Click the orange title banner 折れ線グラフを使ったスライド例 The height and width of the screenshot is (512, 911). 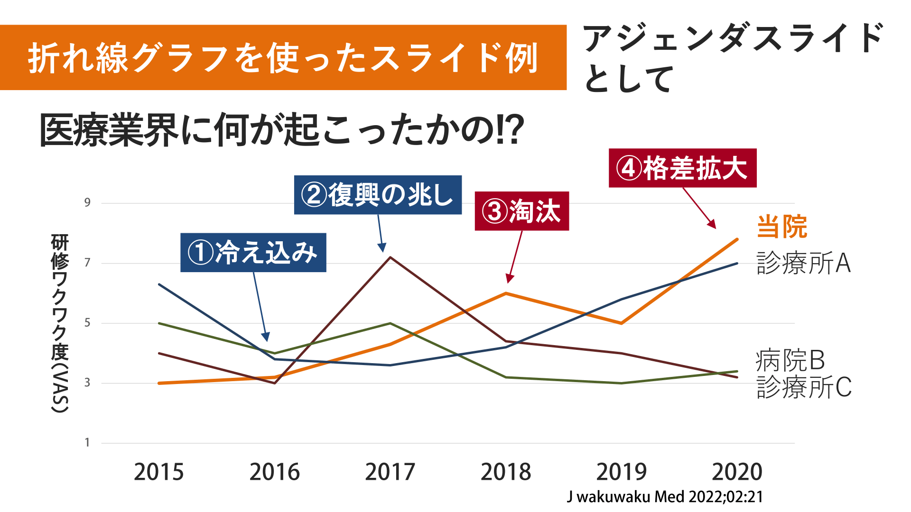click(x=283, y=57)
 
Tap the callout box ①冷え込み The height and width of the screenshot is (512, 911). click(x=253, y=252)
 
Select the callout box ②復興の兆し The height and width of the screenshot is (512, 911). click(x=378, y=195)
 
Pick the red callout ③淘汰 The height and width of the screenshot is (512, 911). click(x=521, y=211)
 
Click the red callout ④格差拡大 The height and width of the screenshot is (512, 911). click(x=682, y=168)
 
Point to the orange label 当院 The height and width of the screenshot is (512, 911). click(x=781, y=227)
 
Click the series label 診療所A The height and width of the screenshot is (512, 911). click(x=803, y=263)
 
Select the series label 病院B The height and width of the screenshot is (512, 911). click(x=790, y=360)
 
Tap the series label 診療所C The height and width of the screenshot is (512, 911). click(x=804, y=387)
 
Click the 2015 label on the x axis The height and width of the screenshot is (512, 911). click(x=158, y=472)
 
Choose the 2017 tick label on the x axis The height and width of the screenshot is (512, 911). click(x=390, y=472)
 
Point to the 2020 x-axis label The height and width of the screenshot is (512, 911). click(x=737, y=472)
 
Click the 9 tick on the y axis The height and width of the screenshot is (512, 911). click(x=87, y=203)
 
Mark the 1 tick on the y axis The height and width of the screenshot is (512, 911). click(x=87, y=443)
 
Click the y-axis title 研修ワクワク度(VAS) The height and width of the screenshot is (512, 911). click(x=60, y=323)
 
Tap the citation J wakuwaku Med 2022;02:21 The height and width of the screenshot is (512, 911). click(x=665, y=497)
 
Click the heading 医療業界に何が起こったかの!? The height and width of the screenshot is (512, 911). click(x=281, y=130)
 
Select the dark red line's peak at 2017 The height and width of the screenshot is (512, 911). click(x=390, y=257)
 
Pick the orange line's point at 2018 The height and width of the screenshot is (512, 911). click(x=506, y=293)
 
